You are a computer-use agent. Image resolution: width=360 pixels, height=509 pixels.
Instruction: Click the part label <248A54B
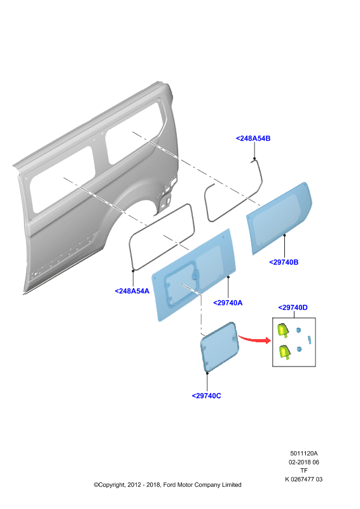(253, 138)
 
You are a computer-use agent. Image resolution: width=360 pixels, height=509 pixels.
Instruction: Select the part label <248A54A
(132, 291)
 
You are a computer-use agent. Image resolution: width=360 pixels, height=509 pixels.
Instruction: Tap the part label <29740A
(228, 303)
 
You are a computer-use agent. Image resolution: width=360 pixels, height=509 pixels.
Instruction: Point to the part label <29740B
(284, 262)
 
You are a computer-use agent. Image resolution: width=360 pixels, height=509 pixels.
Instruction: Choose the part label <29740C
(207, 396)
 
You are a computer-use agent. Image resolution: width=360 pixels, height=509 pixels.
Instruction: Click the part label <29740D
(293, 307)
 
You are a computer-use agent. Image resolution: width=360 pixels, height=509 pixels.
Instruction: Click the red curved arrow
(254, 340)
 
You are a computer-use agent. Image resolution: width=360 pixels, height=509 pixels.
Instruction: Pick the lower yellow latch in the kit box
(284, 352)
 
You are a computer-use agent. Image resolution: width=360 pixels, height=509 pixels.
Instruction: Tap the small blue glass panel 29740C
(219, 347)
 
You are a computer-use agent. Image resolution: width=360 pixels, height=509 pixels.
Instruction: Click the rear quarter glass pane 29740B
(279, 218)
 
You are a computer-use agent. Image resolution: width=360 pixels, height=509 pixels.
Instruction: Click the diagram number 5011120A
(304, 454)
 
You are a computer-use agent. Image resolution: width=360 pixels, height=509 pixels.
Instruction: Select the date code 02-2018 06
(304, 462)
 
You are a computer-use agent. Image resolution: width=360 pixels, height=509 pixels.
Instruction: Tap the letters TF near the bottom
(304, 470)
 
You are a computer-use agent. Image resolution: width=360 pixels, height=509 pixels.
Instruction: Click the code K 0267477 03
(304, 479)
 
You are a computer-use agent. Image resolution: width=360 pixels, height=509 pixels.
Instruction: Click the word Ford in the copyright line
(169, 485)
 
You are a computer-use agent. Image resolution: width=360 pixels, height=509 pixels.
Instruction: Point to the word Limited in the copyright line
(232, 485)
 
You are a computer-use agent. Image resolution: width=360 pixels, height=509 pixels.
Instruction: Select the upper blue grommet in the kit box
(298, 330)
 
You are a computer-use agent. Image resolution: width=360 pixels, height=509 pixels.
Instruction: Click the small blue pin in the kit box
(310, 340)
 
